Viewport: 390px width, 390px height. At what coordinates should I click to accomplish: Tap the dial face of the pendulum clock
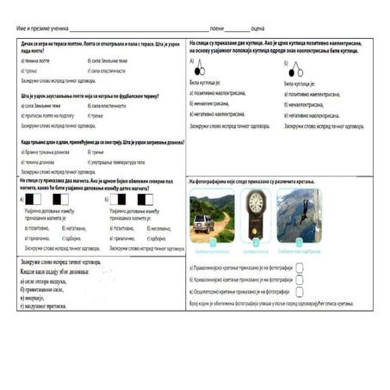(256, 202)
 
